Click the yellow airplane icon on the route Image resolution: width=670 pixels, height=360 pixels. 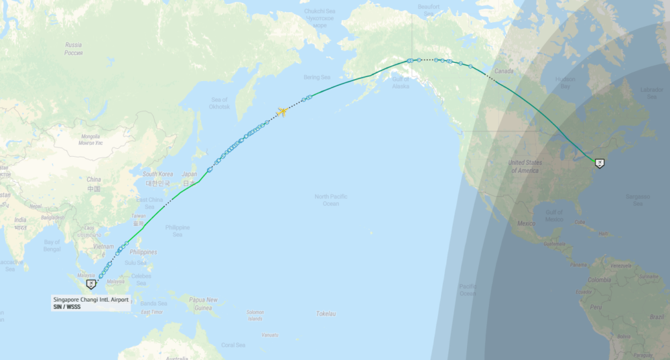click(282, 111)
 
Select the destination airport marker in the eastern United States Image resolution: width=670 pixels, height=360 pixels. click(599, 162)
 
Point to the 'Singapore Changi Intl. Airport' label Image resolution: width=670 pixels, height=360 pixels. click(90, 299)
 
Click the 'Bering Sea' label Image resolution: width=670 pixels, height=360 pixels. click(317, 77)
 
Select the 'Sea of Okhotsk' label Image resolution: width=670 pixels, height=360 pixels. click(219, 103)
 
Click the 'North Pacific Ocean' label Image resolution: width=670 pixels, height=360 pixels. click(331, 199)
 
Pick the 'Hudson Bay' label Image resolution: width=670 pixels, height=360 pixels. click(565, 82)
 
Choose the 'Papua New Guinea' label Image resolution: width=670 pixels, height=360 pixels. click(202, 303)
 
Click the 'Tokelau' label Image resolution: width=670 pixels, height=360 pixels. click(326, 314)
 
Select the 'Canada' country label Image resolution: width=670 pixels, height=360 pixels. click(504, 70)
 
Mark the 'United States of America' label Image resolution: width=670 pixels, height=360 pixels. click(525, 166)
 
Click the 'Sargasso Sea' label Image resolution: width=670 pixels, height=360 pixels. click(636, 199)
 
